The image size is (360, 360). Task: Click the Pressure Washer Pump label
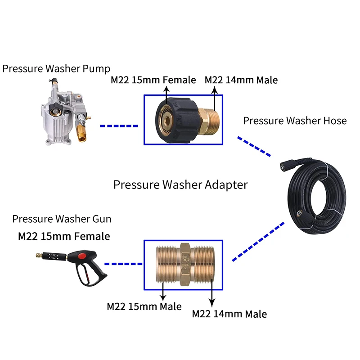56,69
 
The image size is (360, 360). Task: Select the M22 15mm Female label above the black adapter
153,80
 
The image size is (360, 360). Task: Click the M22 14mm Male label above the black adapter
241,80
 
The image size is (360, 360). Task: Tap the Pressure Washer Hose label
295,121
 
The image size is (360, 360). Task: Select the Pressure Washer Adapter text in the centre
180,184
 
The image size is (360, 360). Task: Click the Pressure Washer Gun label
62,219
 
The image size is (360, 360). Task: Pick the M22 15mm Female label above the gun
63,236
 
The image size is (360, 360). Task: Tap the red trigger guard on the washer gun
82,257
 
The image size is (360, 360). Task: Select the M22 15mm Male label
144,306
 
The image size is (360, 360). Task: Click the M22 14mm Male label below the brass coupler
229,314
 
